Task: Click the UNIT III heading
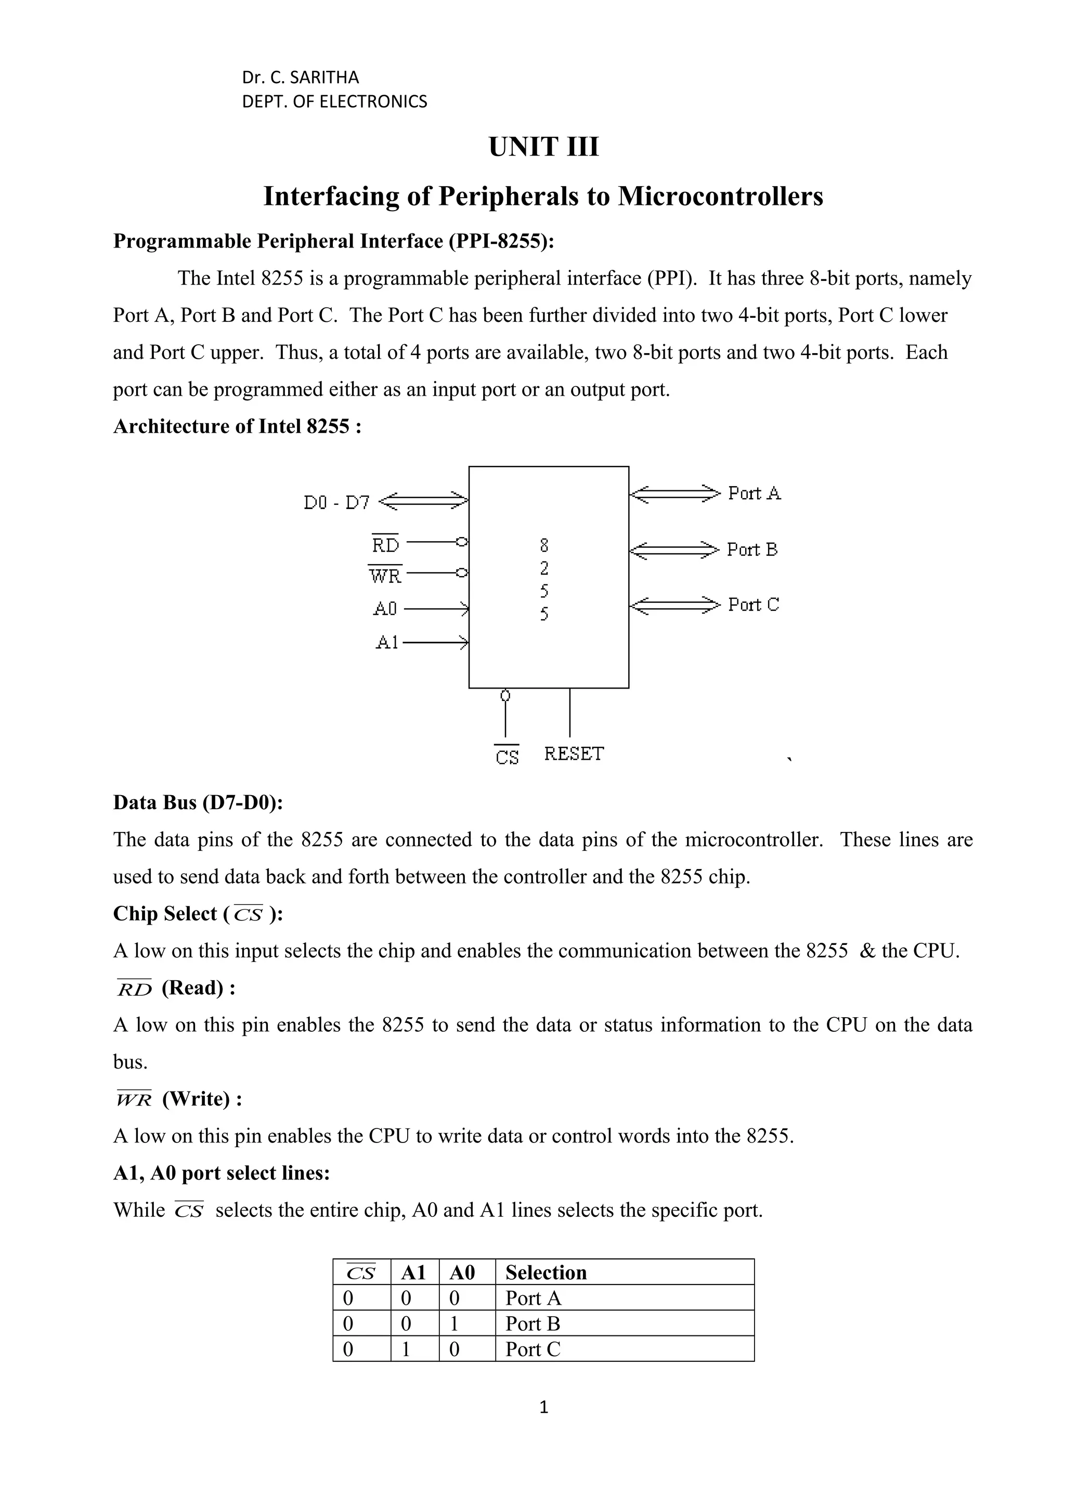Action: coord(543,147)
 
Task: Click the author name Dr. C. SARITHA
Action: coord(301,78)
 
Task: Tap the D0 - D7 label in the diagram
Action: coord(336,503)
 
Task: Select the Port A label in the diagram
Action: coord(754,493)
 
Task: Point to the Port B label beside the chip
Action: coord(752,549)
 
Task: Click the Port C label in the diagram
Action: coord(754,604)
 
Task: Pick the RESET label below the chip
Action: coord(574,754)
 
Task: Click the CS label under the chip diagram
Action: coord(506,757)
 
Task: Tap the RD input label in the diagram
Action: coord(385,545)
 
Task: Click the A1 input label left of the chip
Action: coord(387,643)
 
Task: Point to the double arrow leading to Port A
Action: coord(674,493)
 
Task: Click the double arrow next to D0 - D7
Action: coord(424,502)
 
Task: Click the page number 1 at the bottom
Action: coord(543,1425)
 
